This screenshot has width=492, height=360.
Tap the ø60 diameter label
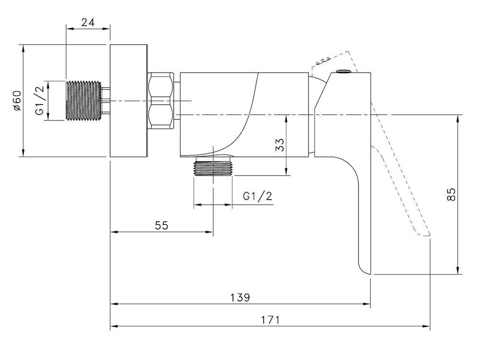17,101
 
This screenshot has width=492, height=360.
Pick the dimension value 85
451,194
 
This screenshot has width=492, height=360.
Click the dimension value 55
161,225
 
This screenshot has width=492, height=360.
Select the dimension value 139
240,297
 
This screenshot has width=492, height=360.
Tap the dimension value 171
270,320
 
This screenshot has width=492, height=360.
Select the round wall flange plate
128,101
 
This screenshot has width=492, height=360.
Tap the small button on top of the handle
343,72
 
